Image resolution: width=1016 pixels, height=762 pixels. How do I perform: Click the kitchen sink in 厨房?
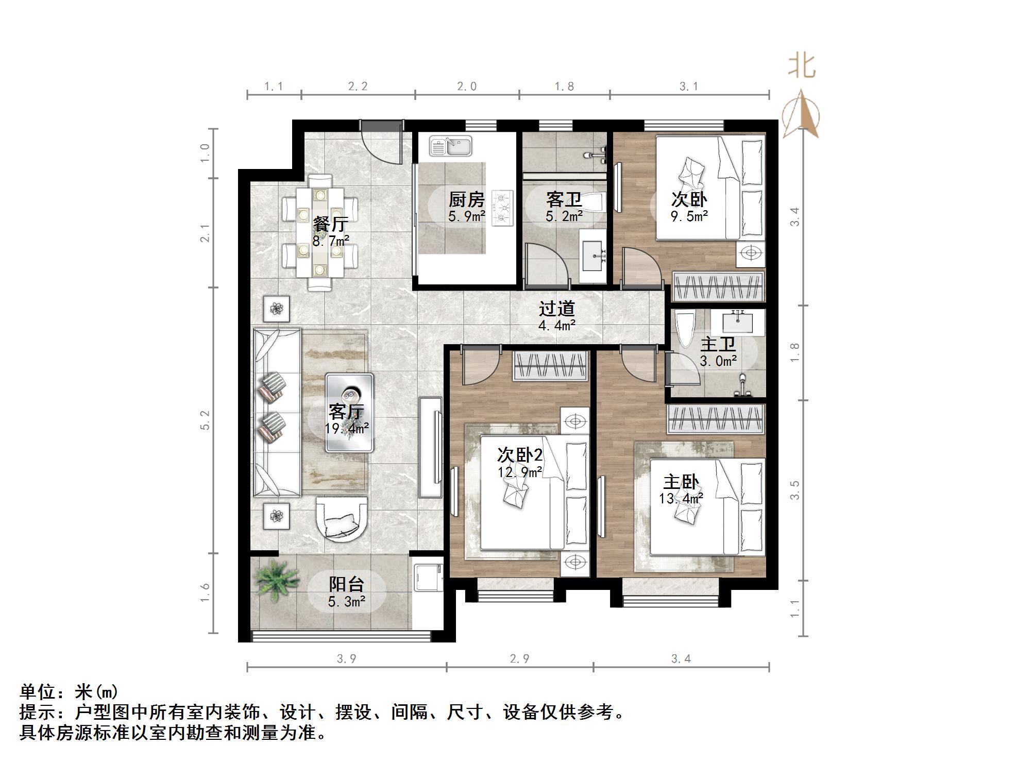(x=450, y=146)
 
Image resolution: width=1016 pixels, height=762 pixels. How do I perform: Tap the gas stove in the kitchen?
(x=502, y=208)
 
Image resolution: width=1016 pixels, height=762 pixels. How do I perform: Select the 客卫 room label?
(x=564, y=199)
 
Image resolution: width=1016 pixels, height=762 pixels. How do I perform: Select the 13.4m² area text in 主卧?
(x=681, y=498)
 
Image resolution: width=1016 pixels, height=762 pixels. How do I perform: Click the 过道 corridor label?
(x=556, y=309)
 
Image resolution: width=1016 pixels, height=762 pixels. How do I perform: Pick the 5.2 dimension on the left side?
(x=206, y=420)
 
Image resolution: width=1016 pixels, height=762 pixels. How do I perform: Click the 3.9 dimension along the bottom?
(x=346, y=658)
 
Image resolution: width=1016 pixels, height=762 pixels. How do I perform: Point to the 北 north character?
(x=801, y=66)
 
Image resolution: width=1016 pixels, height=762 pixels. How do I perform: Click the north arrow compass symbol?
(x=801, y=114)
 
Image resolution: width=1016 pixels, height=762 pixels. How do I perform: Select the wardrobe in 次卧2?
(x=551, y=365)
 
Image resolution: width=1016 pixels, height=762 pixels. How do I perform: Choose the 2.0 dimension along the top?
(x=467, y=87)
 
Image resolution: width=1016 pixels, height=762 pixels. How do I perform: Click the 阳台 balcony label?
(x=346, y=584)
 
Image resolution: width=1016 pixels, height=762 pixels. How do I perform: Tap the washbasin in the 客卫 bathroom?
(x=593, y=256)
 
